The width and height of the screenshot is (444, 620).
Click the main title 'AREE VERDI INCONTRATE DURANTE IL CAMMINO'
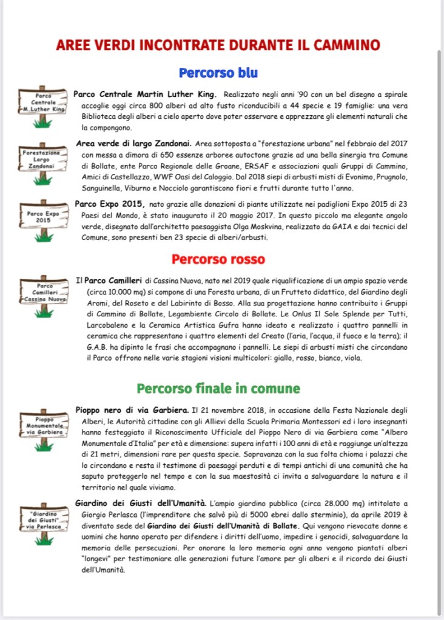pyautogui.click(x=218, y=45)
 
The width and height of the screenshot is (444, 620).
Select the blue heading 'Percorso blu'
pyautogui.click(x=218, y=73)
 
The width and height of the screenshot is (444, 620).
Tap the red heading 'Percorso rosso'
pyautogui.click(x=218, y=259)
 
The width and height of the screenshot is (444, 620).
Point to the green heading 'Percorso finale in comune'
pyautogui.click(x=218, y=388)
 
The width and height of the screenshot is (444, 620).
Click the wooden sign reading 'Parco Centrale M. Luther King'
pyautogui.click(x=42, y=102)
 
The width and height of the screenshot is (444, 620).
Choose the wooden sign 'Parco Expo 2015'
pyautogui.click(x=42, y=216)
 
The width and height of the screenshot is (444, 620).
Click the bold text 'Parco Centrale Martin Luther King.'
pyautogui.click(x=145, y=95)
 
